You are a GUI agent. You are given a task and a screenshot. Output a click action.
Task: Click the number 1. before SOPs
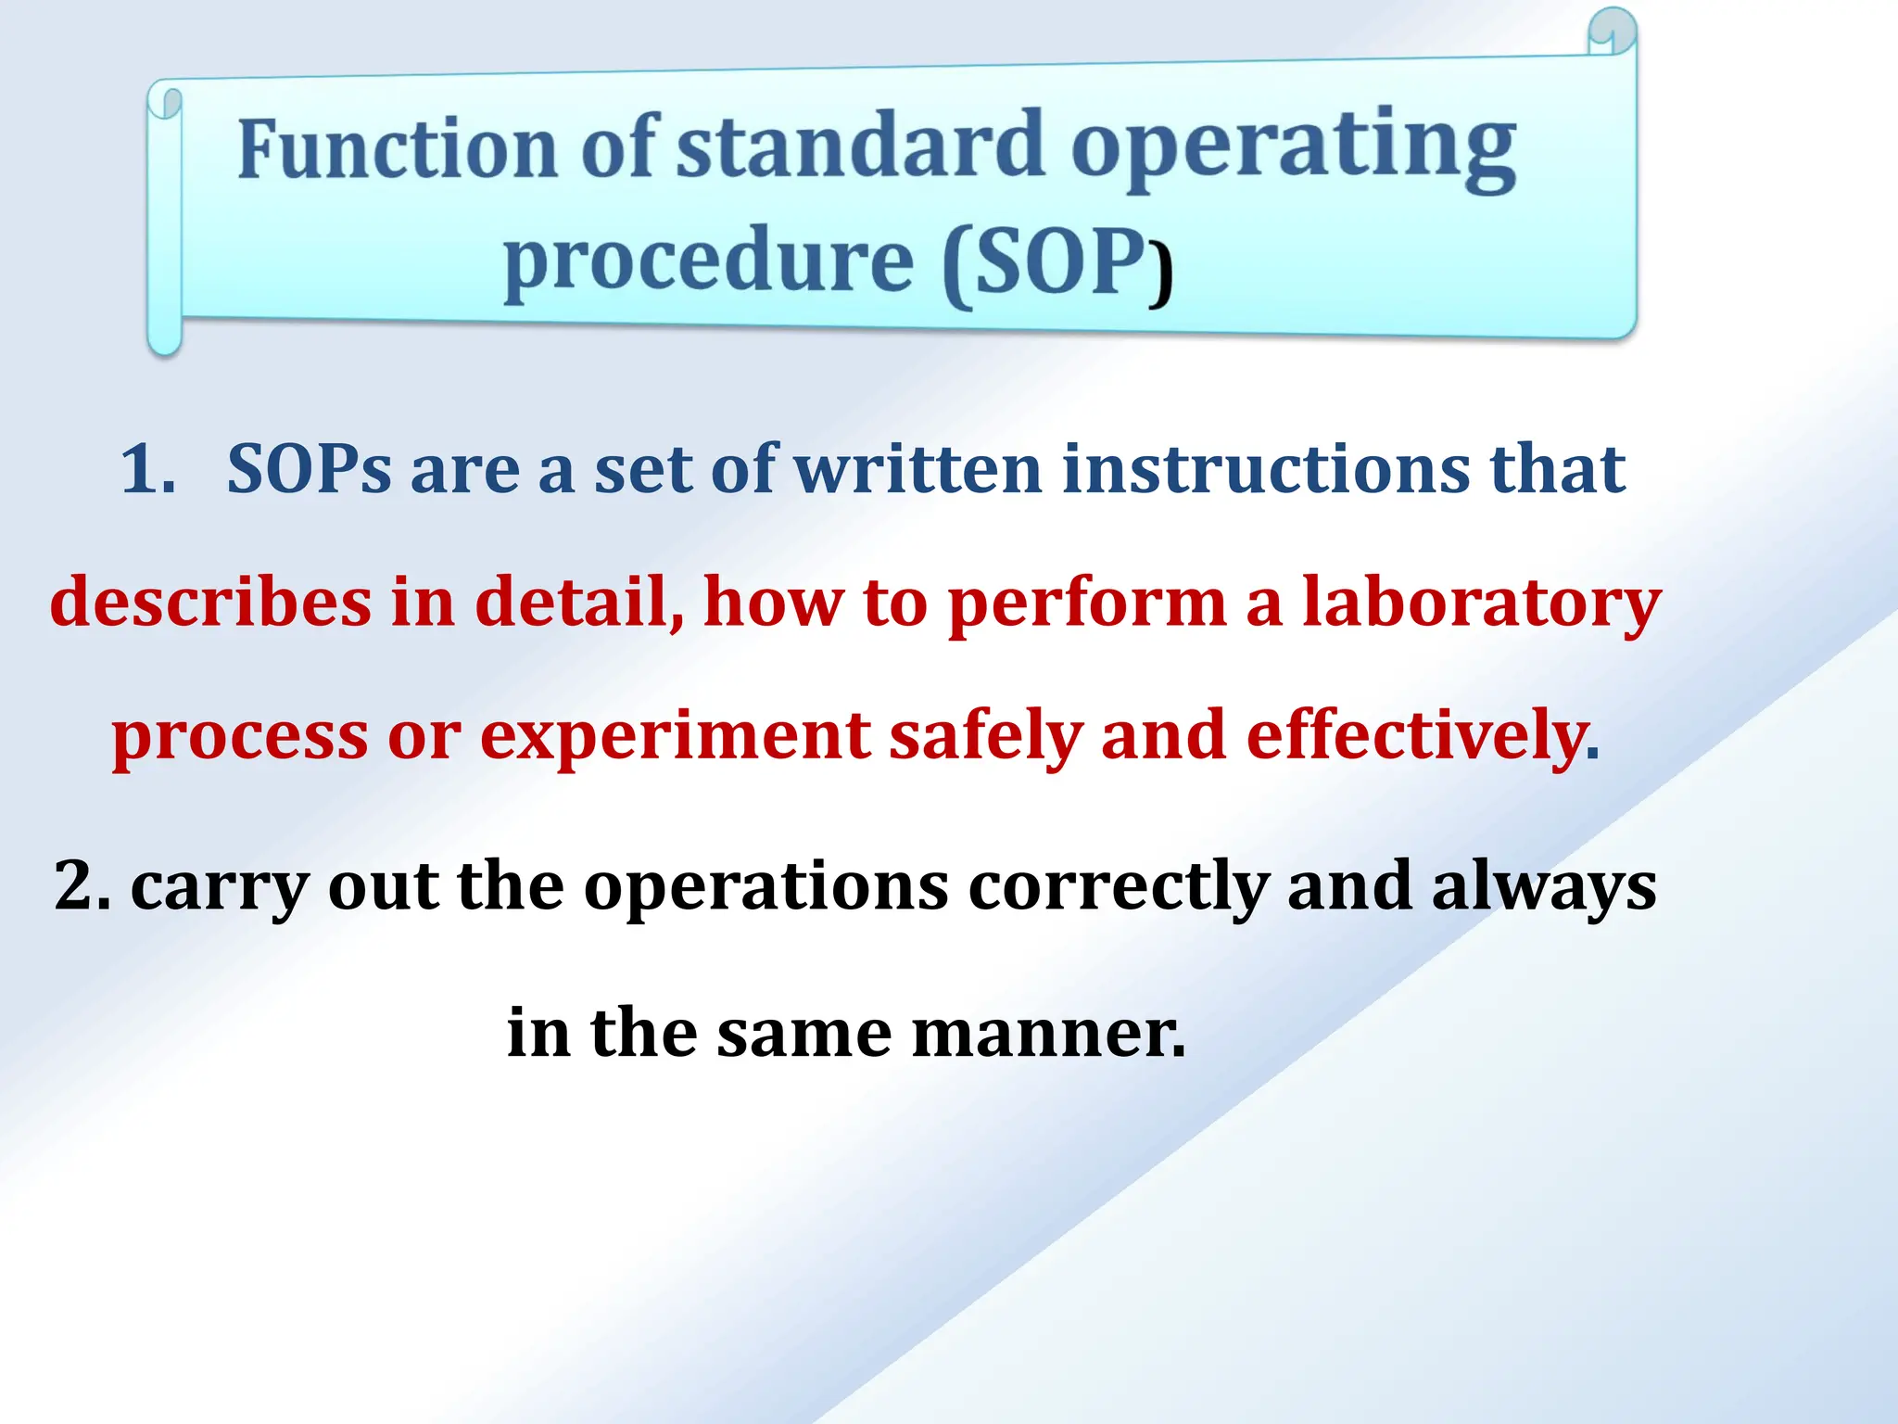tap(148, 469)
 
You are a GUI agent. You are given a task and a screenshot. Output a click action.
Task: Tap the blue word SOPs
tap(309, 469)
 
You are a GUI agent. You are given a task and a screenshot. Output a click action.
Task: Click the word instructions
tap(1266, 469)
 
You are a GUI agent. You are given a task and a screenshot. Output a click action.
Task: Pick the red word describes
tap(210, 603)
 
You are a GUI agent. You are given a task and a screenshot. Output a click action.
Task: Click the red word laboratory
tap(1481, 603)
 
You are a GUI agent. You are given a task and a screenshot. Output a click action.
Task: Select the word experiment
tap(675, 736)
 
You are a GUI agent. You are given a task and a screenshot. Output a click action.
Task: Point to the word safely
tap(985, 736)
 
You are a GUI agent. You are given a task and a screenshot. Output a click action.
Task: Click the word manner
tap(1047, 1033)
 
